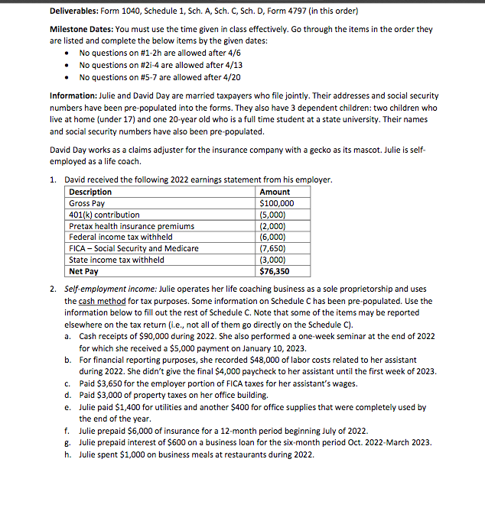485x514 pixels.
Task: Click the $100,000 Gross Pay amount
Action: [275, 204]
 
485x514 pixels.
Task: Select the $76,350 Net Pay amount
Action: [275, 271]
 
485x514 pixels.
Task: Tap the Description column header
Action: [90, 192]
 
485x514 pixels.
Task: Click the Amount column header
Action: [275, 192]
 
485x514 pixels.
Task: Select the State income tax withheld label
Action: [116, 260]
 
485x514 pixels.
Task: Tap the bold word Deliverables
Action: [78, 11]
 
